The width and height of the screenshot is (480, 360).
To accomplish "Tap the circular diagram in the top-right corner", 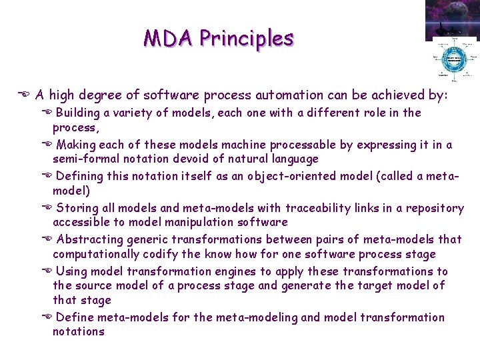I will [x=454, y=59].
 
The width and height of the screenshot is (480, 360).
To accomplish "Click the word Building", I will [x=77, y=113].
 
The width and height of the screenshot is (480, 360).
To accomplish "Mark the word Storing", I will [x=76, y=208].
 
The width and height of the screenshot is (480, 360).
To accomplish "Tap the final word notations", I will [x=78, y=331].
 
